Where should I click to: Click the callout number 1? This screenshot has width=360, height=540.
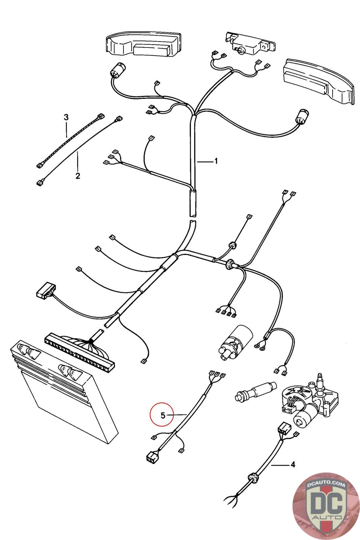216,161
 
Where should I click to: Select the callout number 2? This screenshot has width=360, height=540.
78,176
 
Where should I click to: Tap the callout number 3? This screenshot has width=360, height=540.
66,117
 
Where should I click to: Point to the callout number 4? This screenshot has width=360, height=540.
293,465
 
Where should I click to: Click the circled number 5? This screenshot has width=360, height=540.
163,415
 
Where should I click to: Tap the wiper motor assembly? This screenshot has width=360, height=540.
307,398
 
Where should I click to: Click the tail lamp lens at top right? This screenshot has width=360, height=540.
319,81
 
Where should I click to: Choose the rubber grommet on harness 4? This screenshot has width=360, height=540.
253,478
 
